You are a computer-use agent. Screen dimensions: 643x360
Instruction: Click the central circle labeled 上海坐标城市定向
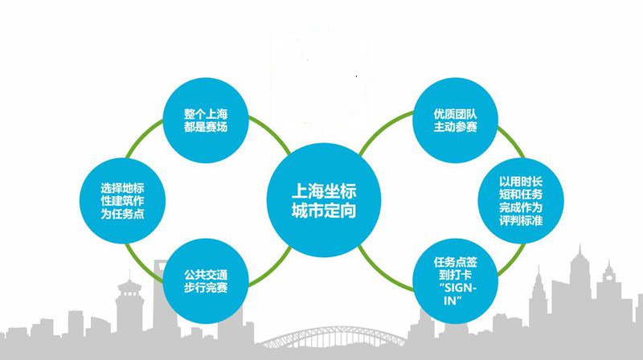coord(324,200)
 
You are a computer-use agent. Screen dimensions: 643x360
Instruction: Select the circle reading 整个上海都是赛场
coord(206,121)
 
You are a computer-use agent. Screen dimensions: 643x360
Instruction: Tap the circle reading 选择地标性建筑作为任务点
coord(123,201)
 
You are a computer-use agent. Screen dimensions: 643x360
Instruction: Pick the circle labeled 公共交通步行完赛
coord(206,281)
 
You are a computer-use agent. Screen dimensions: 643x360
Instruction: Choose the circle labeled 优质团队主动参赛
coord(455,121)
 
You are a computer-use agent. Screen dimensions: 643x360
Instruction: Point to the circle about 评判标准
coord(521,201)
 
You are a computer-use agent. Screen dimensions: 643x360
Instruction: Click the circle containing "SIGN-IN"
coord(455,281)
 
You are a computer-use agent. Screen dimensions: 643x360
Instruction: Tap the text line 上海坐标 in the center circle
coord(324,191)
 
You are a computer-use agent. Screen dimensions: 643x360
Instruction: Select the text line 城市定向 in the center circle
coord(324,211)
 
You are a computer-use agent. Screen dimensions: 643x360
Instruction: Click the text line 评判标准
coord(521,220)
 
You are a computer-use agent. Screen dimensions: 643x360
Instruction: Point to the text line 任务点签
coord(455,262)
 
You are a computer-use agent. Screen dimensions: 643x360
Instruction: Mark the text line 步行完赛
coord(206,288)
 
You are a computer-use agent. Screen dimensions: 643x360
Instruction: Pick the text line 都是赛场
coord(206,127)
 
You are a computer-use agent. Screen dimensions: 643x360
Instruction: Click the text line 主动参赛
coord(455,127)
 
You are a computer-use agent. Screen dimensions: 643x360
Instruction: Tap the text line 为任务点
coord(123,214)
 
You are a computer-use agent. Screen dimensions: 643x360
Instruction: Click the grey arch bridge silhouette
coord(333,337)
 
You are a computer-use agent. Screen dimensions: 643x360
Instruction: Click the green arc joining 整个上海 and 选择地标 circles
coord(143,137)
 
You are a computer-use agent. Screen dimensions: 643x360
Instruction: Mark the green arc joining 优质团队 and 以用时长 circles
coord(513,141)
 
